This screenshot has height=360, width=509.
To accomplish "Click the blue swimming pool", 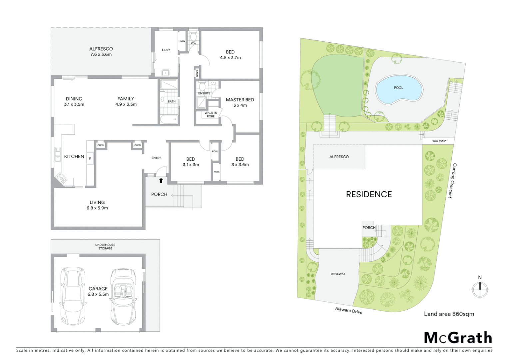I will click(x=399, y=89).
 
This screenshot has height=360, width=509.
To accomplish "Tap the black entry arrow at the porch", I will click(x=161, y=181).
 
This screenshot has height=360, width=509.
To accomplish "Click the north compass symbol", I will click(x=480, y=288).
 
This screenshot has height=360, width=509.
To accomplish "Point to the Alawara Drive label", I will click(x=348, y=310).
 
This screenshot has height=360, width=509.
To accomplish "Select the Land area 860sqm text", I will click(x=449, y=314).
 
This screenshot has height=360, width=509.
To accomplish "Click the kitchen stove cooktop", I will click(x=61, y=178).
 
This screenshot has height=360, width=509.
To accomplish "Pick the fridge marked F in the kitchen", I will click(x=90, y=159).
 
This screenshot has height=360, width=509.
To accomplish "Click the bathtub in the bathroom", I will click(x=169, y=119).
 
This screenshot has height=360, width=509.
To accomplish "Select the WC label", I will click(x=193, y=43).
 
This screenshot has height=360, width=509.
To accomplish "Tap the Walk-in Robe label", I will click(x=211, y=114).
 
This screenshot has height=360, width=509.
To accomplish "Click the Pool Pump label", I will click(x=438, y=141).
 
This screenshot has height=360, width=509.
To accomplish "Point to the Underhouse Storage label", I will click(x=105, y=247).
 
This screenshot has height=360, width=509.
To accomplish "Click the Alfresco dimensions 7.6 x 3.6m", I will click(x=101, y=54).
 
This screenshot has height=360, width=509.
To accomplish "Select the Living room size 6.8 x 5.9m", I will click(x=97, y=208).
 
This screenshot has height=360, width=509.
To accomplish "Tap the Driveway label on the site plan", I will click(x=338, y=274).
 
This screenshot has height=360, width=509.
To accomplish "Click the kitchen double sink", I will click(x=58, y=154).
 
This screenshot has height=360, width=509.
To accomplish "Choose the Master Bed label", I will click(x=240, y=100).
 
